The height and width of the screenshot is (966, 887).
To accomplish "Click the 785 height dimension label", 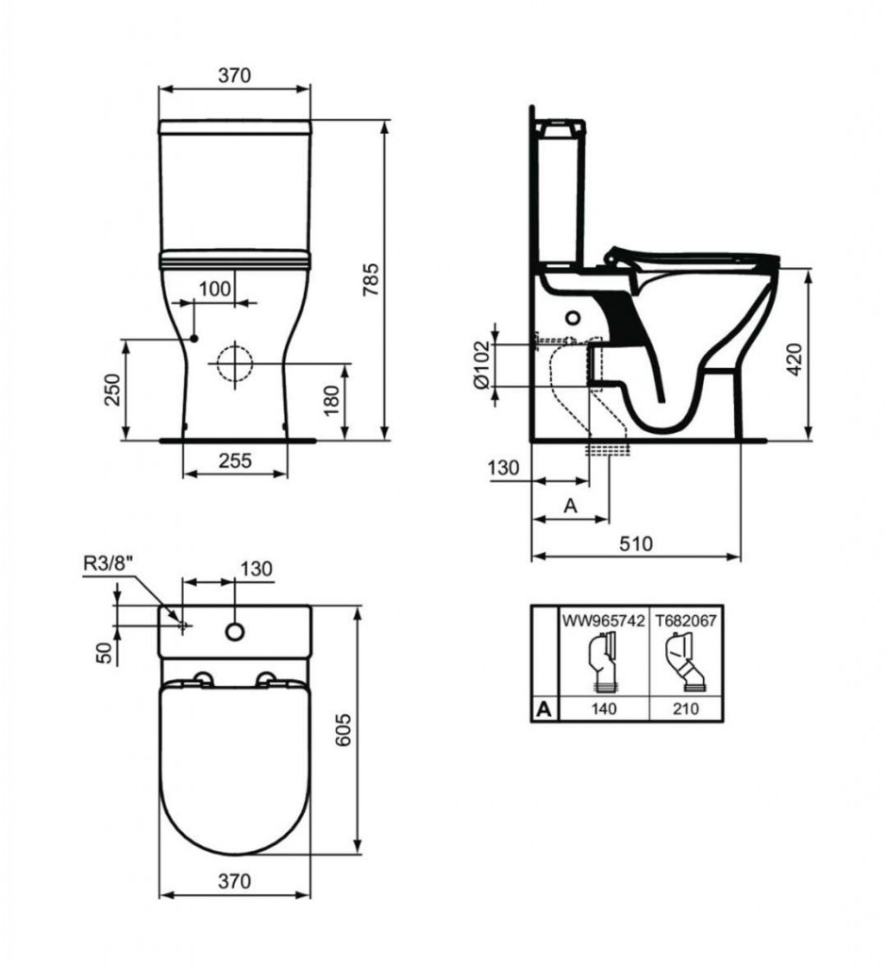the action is (370, 280).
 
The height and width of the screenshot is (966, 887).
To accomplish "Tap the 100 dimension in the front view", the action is (215, 289).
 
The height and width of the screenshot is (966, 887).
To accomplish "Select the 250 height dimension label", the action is (112, 390).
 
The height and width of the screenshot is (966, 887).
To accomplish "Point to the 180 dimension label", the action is (332, 400).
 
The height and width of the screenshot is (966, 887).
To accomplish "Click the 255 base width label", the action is (235, 460).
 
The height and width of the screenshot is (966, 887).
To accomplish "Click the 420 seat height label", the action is (795, 359).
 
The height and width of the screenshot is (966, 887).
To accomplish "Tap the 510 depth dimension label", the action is (635, 543).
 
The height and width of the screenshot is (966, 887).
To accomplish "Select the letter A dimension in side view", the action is (571, 506).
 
